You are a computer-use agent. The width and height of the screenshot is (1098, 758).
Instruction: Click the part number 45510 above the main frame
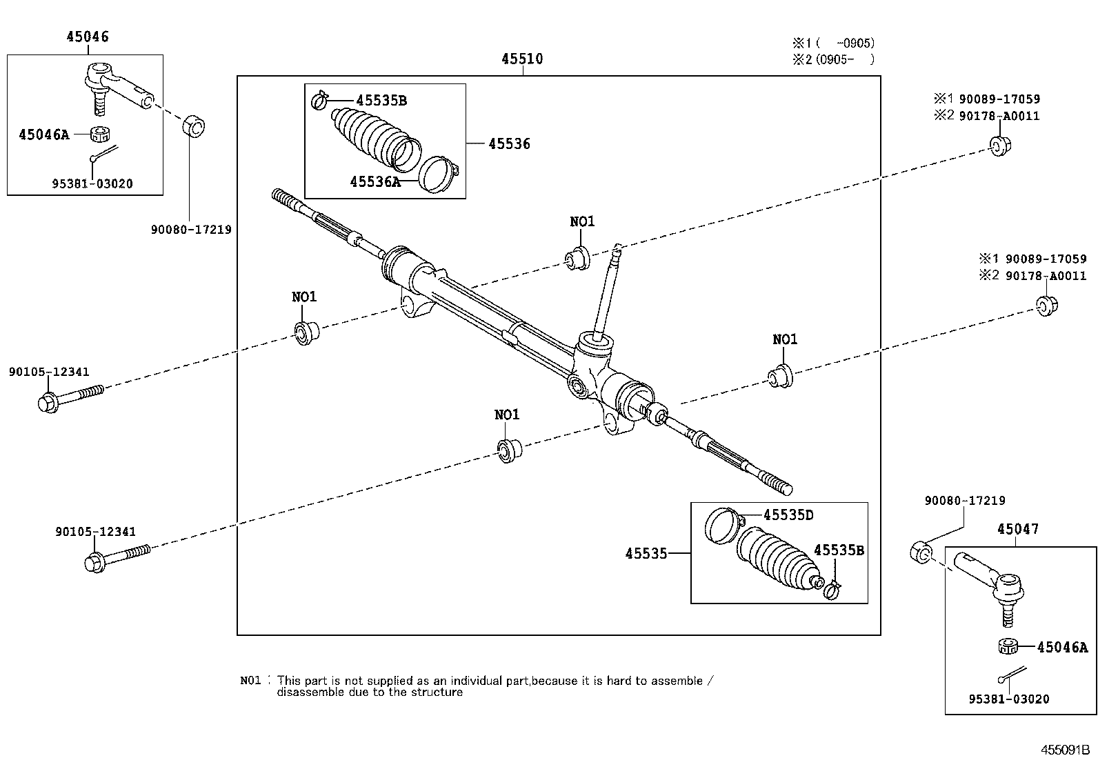522,59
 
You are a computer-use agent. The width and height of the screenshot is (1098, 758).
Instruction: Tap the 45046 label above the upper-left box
88,37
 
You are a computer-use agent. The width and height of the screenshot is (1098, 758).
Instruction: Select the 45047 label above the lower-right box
1017,529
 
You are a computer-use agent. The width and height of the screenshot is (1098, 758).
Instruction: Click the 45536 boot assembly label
509,143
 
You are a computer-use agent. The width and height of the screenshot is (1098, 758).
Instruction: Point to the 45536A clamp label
375,182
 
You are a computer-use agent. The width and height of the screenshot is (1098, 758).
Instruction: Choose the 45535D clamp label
788,515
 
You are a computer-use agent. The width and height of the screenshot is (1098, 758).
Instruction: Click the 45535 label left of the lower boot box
646,554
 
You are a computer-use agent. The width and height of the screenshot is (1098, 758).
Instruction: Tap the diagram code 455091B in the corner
1065,750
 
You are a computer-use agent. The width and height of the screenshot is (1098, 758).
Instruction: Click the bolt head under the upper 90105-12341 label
48,403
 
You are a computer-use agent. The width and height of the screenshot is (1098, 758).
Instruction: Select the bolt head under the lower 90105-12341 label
94,563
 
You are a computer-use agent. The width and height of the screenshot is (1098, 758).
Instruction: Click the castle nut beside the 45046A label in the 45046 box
101,134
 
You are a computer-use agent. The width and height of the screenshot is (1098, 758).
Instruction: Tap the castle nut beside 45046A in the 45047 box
1008,646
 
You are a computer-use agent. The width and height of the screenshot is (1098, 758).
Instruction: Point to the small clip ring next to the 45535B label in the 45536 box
319,101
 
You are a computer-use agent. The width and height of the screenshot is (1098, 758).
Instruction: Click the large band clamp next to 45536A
438,174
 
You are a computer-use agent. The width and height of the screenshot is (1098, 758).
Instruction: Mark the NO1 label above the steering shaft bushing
582,221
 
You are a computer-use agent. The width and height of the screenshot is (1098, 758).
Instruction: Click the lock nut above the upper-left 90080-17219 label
193,126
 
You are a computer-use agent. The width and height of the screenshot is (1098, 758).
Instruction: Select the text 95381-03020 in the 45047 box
1009,699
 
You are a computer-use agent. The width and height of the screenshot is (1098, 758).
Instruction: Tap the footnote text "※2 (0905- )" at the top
833,60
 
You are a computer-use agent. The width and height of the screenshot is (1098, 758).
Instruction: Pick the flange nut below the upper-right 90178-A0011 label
1000,146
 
